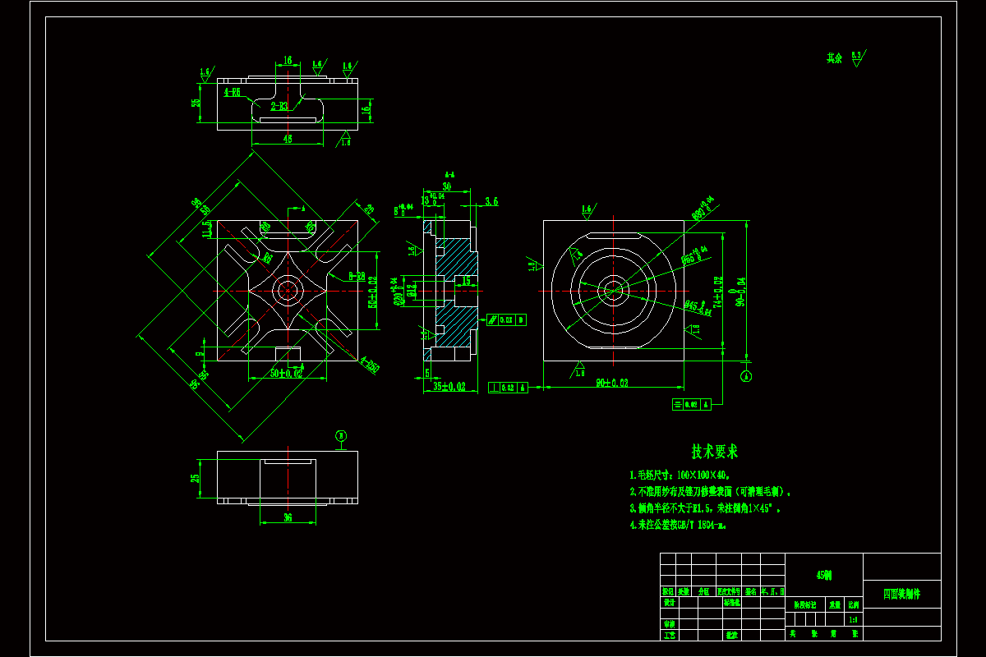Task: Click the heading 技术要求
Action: click(714, 452)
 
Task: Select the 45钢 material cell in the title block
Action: click(823, 576)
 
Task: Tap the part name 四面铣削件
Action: click(901, 593)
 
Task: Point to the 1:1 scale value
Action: click(855, 620)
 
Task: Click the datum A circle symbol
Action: click(745, 376)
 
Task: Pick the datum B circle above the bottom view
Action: click(342, 435)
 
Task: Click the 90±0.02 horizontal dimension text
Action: click(612, 383)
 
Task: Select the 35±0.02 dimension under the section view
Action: click(449, 385)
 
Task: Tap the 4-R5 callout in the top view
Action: click(232, 93)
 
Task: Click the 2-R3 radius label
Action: click(279, 106)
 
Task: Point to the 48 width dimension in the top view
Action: click(287, 140)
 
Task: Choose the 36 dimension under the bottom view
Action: click(287, 517)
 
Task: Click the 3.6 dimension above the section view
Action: click(491, 200)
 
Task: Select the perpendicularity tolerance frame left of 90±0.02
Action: click(508, 388)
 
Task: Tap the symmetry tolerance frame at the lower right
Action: click(692, 404)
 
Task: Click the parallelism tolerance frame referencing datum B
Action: click(506, 319)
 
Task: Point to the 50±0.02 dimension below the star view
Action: click(287, 374)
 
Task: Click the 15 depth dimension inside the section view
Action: click(465, 281)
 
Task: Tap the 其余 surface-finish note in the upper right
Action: click(835, 58)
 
